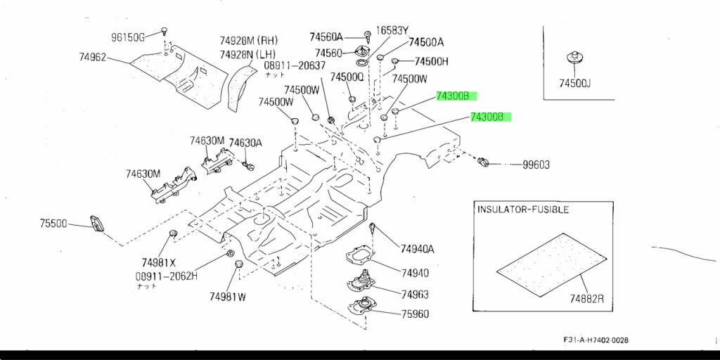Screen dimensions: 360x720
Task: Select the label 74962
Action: [x=92, y=57]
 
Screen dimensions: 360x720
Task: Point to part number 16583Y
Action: [x=392, y=30]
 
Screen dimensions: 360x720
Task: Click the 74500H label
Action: [x=431, y=61]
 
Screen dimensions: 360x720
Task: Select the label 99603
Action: [x=536, y=165]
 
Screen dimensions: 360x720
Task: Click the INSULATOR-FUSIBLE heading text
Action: [x=523, y=210]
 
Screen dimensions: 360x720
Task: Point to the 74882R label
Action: [x=587, y=300]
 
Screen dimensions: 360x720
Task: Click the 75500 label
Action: [x=53, y=224]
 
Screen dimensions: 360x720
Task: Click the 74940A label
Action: [x=418, y=248]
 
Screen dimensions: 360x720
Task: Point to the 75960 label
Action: [x=415, y=314]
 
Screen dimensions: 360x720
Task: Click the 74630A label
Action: [x=245, y=143]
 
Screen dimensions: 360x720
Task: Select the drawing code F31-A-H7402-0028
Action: [x=596, y=340]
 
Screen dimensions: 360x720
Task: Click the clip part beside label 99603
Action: [x=483, y=163]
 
